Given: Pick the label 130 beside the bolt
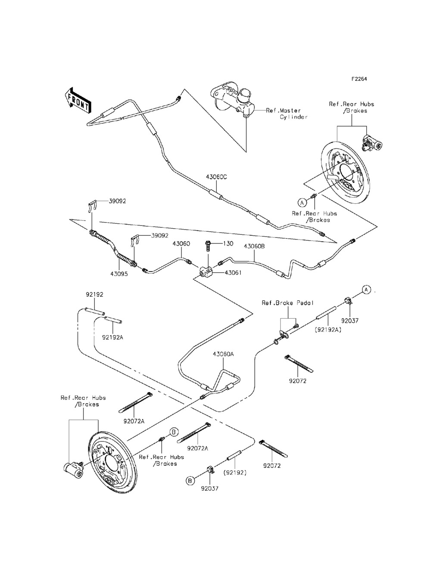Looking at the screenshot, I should coord(228,243).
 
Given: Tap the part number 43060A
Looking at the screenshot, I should coord(223,354).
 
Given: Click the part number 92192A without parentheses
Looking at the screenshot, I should coord(113,337).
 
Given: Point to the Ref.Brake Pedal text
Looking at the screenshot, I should coord(282,303).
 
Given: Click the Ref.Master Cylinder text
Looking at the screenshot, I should coord(287,114).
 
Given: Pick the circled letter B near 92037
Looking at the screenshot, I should coord(189,480).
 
